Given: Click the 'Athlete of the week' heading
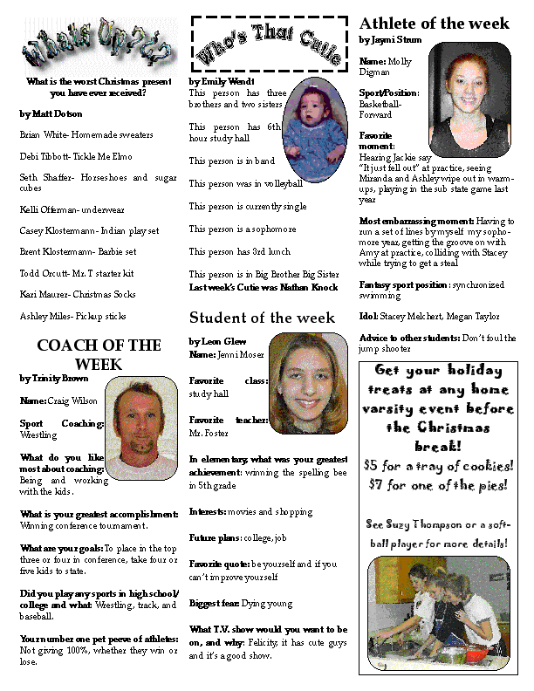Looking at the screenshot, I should pyautogui.click(x=434, y=24).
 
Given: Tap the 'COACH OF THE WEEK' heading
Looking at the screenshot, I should pyautogui.click(x=99, y=354).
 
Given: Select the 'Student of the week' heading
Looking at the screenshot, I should pyautogui.click(x=262, y=317).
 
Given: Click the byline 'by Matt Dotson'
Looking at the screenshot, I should pyautogui.click(x=51, y=113).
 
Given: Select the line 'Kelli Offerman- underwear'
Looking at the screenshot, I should pyautogui.click(x=72, y=209).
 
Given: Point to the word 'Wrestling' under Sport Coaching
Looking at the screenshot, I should pyautogui.click(x=41, y=432).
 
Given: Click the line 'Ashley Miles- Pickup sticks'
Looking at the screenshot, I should pyautogui.click(x=72, y=316).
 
